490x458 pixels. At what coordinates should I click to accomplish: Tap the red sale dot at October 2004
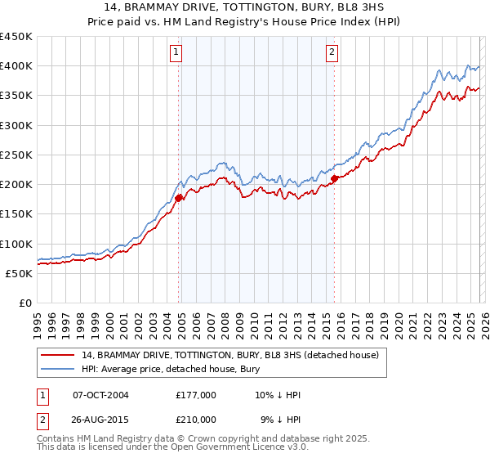179,198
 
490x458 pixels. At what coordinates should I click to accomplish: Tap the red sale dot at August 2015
335,178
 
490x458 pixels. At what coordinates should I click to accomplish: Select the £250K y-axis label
16,155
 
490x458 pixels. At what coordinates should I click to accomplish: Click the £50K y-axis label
20,273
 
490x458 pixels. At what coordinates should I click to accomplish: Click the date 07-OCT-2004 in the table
100,395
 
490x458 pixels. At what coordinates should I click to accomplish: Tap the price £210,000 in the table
196,419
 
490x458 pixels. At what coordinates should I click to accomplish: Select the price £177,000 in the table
196,395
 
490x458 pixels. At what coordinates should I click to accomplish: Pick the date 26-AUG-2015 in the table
100,419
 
